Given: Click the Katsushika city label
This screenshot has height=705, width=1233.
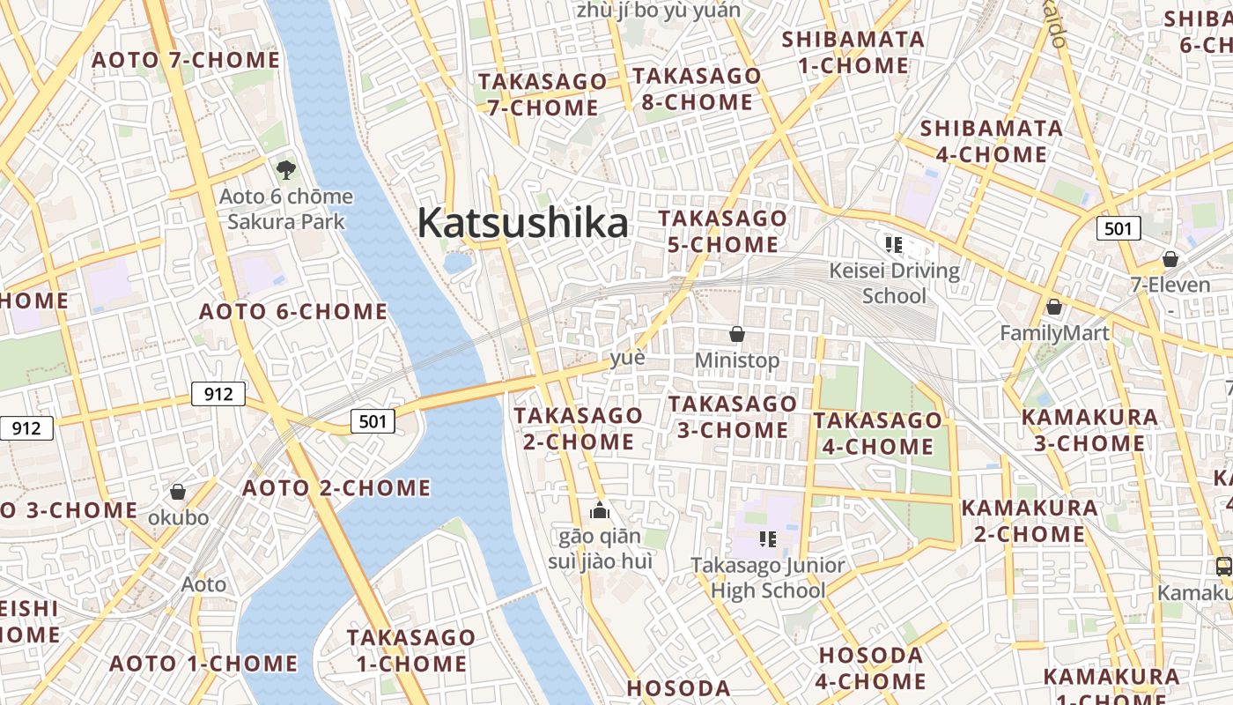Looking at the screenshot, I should click(x=522, y=223).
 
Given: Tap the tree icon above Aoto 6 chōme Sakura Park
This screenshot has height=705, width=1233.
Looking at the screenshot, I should click(x=285, y=169).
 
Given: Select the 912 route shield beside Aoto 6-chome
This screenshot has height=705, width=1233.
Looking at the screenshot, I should click(x=218, y=394).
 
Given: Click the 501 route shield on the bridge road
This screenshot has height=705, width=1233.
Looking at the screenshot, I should click(x=373, y=421).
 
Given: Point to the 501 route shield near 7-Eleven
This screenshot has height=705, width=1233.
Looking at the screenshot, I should click(x=1118, y=229).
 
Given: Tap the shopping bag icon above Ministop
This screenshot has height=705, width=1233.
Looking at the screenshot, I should click(x=737, y=334).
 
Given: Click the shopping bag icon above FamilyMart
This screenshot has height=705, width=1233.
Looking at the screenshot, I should click(x=1053, y=307).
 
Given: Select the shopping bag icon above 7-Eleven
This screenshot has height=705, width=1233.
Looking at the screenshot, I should click(x=1170, y=259).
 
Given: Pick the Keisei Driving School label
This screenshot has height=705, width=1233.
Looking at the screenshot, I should click(x=894, y=282).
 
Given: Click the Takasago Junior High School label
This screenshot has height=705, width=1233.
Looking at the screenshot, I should click(x=768, y=577).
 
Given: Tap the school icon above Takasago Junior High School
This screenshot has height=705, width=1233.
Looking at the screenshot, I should click(x=767, y=538).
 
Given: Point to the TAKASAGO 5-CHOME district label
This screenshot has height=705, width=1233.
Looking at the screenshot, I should click(x=722, y=231).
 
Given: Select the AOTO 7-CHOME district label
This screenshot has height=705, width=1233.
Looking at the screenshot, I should click(x=186, y=61).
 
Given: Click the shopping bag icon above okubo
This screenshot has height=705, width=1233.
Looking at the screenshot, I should click(x=178, y=492).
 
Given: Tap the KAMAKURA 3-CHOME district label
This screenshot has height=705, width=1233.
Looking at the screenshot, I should click(x=1089, y=429).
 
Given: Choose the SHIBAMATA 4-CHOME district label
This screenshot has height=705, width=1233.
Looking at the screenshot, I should click(x=991, y=142).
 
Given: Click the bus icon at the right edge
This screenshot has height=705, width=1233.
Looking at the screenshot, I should click(x=1223, y=566).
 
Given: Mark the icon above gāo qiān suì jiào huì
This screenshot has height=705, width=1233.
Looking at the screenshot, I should click(x=600, y=510).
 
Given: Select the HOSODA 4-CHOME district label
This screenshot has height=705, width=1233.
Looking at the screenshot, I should click(x=871, y=668).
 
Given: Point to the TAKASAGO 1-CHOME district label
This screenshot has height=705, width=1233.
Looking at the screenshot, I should click(x=410, y=649).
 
